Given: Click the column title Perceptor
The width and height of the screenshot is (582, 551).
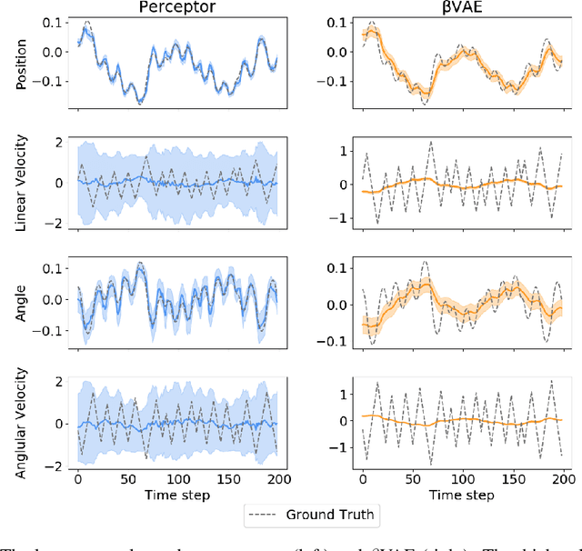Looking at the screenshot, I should [x=178, y=8].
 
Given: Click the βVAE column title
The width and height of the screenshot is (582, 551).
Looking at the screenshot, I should [x=462, y=8].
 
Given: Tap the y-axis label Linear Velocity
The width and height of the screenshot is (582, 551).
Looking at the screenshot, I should [x=22, y=184].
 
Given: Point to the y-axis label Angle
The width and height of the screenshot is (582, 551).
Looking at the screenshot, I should [x=22, y=300].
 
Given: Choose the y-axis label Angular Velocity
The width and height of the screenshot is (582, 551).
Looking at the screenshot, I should [x=22, y=422].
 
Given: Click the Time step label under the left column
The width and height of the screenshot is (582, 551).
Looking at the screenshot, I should [x=178, y=495].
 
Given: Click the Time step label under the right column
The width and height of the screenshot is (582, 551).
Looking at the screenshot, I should [x=463, y=495].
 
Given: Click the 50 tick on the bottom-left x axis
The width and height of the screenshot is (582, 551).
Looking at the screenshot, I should [x=127, y=479].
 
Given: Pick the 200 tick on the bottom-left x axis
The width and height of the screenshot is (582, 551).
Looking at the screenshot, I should [x=277, y=479].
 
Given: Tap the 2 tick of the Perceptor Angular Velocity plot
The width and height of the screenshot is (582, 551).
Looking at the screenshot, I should [x=61, y=381].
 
